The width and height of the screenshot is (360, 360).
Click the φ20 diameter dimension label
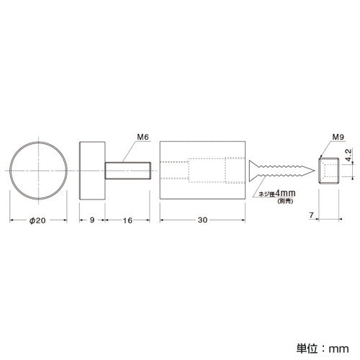[x=37, y=220]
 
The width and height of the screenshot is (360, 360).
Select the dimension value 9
[x=92, y=220]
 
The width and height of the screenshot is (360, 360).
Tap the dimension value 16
[x=127, y=220]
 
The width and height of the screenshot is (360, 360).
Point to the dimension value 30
[x=202, y=220]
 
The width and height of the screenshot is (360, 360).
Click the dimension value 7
[x=311, y=215]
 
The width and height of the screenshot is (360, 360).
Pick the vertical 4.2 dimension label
[x=348, y=156]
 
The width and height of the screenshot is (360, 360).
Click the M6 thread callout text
[x=143, y=137]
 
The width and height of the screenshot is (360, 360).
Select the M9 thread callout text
[x=338, y=137]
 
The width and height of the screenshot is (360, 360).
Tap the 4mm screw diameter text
[x=285, y=193]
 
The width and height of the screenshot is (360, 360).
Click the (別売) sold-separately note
[x=285, y=201]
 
